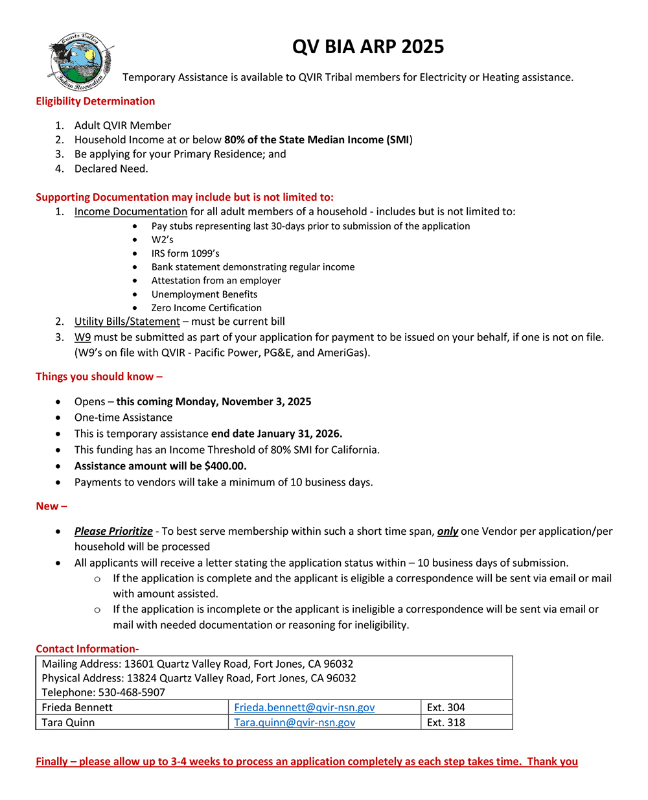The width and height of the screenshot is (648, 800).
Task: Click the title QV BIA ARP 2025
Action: tap(367, 47)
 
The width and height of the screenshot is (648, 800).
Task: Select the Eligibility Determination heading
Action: tap(95, 101)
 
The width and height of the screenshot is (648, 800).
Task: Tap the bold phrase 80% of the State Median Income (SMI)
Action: tap(318, 140)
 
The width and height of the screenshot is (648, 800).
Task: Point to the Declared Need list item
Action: tap(111, 169)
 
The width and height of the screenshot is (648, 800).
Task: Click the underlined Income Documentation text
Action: tap(130, 211)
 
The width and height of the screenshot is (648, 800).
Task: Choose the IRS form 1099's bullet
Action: tap(185, 253)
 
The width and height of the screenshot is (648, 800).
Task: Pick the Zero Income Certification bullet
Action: tap(206, 308)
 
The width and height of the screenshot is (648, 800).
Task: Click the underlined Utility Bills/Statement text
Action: tap(127, 322)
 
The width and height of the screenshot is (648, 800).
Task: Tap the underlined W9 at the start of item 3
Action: tap(82, 337)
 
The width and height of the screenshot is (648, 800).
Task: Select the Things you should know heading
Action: tap(98, 377)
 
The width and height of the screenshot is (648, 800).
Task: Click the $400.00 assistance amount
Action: tap(225, 466)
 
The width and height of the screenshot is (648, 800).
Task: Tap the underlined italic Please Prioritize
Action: tap(113, 531)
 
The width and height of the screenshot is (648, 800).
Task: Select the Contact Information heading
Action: tap(87, 649)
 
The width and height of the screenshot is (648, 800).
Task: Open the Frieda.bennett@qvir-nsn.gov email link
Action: tap(304, 707)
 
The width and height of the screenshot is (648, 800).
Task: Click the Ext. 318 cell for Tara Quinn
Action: tap(446, 722)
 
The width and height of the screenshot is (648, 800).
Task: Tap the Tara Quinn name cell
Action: tap(68, 722)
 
